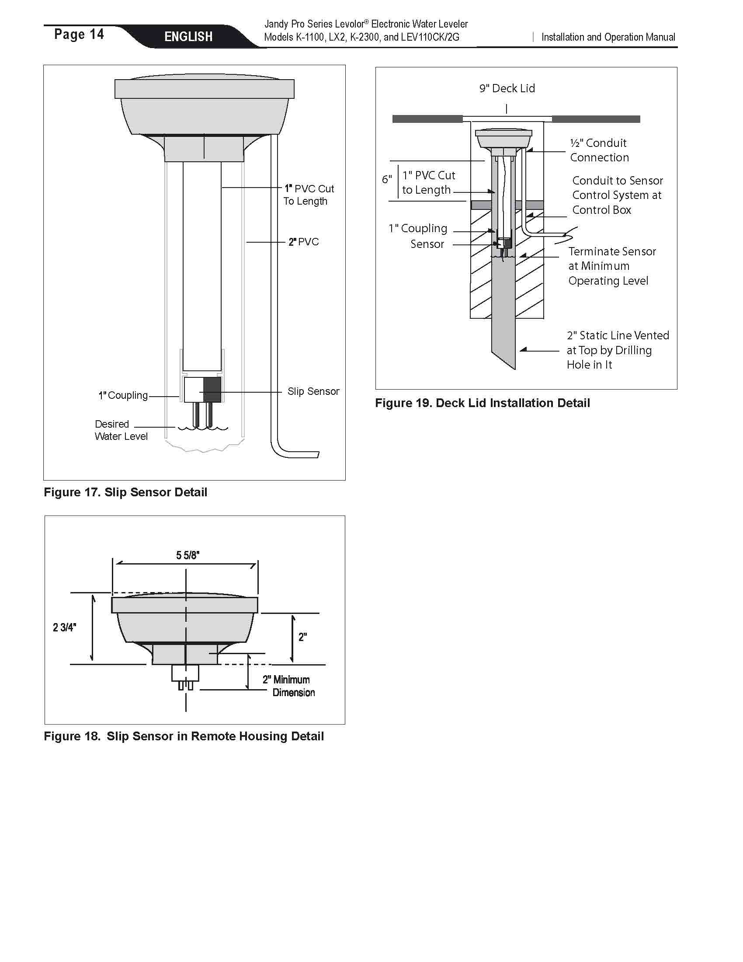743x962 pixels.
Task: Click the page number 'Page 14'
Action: click(x=79, y=35)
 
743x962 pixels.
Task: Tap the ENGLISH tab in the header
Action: click(x=188, y=37)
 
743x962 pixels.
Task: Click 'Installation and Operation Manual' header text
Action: click(x=608, y=38)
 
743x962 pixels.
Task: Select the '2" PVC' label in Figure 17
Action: click(x=303, y=242)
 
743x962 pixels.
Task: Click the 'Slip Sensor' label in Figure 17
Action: click(x=313, y=391)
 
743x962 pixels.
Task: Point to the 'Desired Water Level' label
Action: click(x=121, y=430)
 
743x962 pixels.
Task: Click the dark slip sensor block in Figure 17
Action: click(x=212, y=389)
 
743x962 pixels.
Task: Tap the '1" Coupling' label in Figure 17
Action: click(x=123, y=395)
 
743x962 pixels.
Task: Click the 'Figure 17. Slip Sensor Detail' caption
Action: click(x=125, y=492)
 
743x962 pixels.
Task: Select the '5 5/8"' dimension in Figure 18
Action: click(x=187, y=555)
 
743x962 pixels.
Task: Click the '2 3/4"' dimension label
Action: click(x=64, y=627)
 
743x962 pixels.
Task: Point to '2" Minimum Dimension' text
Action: click(x=289, y=686)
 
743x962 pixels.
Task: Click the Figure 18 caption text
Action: click(x=184, y=736)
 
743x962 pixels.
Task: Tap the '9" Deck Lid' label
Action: click(x=507, y=88)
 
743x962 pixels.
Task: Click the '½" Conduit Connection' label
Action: click(x=599, y=150)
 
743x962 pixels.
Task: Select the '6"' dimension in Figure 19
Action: click(x=386, y=179)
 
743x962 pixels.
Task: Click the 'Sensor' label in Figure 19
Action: click(x=427, y=244)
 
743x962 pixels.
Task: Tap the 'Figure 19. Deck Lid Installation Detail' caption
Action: click(x=482, y=403)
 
